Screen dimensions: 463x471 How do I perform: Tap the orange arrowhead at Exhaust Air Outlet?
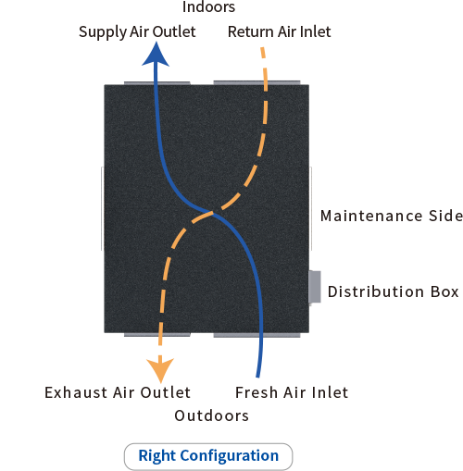click(x=160, y=369)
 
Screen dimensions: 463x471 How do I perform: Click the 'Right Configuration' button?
click(x=208, y=457)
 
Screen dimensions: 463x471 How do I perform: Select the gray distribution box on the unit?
click(x=315, y=287)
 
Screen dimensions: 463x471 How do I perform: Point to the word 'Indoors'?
click(x=208, y=6)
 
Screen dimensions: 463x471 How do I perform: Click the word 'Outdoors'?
click(x=212, y=415)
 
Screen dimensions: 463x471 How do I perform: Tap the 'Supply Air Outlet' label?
click(x=137, y=32)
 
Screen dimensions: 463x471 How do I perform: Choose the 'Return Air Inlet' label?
click(x=280, y=31)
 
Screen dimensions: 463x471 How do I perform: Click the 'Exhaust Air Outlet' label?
click(x=118, y=392)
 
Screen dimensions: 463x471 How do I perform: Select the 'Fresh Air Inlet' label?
click(x=292, y=392)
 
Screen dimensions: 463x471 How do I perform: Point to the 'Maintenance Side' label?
click(x=392, y=216)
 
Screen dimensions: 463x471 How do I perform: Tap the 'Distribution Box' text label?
click(x=394, y=291)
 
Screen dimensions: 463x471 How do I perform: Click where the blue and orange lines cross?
click(x=212, y=213)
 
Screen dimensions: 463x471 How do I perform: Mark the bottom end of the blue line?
click(x=257, y=377)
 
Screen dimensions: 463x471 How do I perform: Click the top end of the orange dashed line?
click(x=262, y=48)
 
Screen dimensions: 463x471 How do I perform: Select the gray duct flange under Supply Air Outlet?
click(x=157, y=83)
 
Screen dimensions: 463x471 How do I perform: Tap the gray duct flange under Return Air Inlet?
click(x=257, y=82)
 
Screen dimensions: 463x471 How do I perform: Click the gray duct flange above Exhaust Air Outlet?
click(x=157, y=334)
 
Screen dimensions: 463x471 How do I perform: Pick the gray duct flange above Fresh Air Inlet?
click(x=257, y=335)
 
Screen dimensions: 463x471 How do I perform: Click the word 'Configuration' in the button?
click(x=230, y=456)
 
